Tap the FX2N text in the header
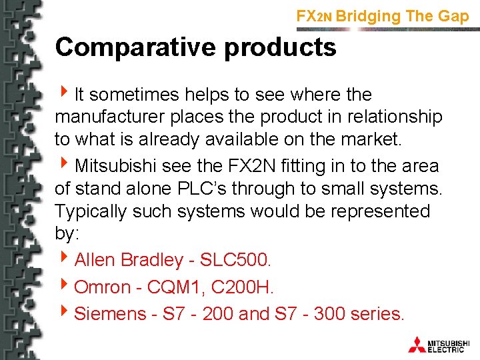[314, 16]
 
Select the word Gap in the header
[453, 16]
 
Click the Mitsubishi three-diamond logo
[417, 344]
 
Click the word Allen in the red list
[94, 260]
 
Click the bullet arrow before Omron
[65, 287]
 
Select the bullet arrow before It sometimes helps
[65, 94]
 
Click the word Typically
[94, 211]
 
